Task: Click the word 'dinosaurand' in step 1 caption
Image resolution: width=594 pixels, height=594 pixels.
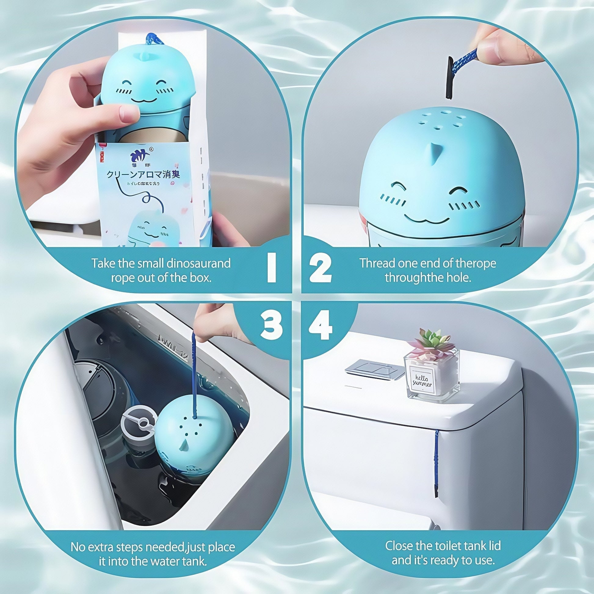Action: (x=199, y=263)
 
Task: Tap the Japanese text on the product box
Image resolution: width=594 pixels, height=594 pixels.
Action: (x=143, y=175)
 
